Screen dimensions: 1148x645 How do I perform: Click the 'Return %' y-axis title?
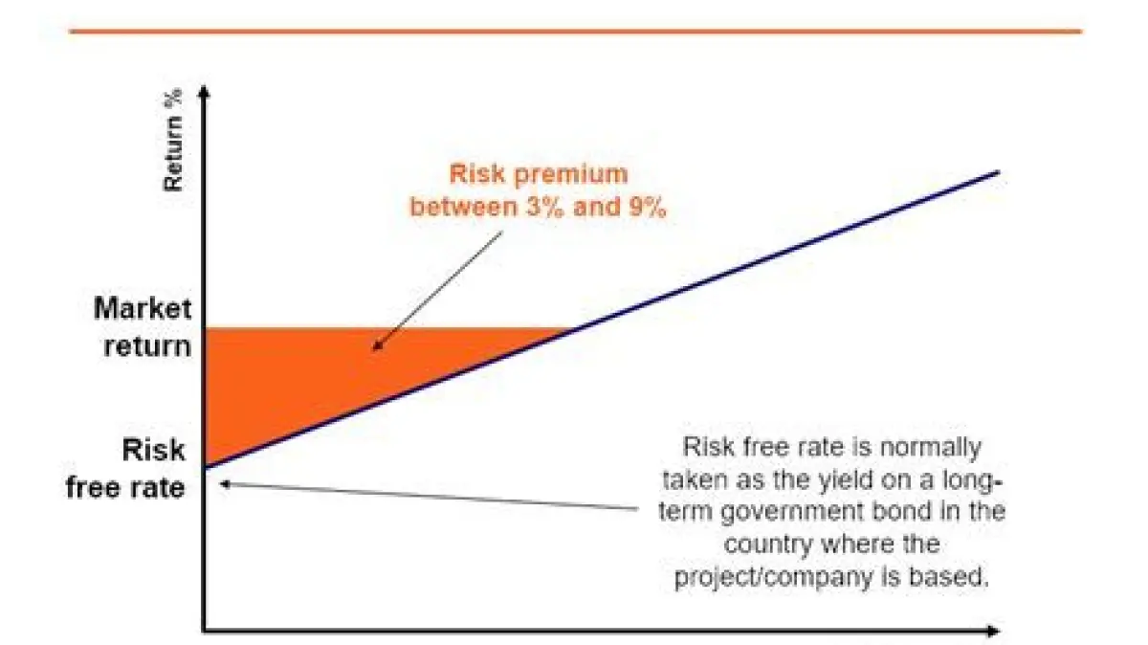173,140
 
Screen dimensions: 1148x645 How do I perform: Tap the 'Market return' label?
143,327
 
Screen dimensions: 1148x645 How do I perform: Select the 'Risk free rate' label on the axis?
126,468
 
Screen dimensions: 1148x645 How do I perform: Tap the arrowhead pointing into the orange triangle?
378,345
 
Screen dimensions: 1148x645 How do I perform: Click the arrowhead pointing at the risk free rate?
226,483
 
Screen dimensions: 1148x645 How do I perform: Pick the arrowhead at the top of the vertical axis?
204,91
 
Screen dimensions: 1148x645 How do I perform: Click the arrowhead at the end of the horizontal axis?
993,631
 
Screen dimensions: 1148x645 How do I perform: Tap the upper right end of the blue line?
999,172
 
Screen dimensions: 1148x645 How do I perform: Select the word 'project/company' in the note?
774,577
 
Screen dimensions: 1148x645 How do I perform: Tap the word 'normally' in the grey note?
930,449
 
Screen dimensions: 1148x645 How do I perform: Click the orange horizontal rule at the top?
576,32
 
